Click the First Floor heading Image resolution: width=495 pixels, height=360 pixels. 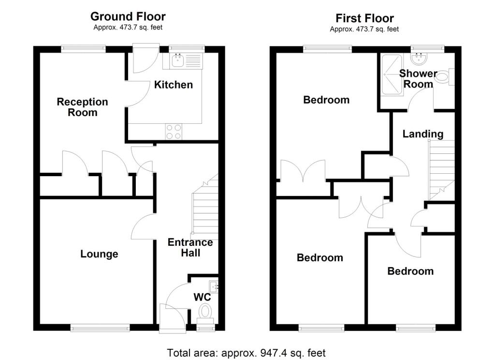(364, 18)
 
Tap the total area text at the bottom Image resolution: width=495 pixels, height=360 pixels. (246, 353)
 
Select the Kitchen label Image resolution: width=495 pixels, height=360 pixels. (173, 85)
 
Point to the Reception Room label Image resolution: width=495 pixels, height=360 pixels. (82, 107)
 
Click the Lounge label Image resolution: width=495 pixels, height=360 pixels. (99, 254)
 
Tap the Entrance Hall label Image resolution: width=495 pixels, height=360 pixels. (190, 247)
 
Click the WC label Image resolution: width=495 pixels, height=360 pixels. (202, 297)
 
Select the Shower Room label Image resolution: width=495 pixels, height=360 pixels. (418, 79)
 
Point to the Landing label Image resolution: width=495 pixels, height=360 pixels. (423, 134)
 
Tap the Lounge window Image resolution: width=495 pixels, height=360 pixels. (100, 328)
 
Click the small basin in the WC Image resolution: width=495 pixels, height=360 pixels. (214, 286)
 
